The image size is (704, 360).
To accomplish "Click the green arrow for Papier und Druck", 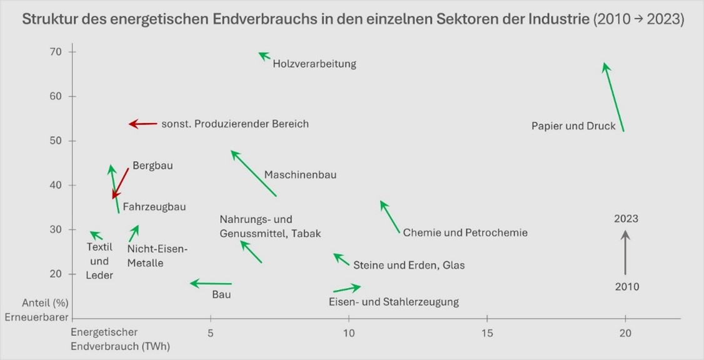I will click(613, 96).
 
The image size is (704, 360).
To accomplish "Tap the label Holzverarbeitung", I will click(314, 64).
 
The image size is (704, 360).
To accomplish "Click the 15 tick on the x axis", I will click(487, 332).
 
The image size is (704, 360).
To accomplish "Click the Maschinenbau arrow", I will click(253, 173).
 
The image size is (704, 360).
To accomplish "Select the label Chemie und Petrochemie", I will click(465, 232).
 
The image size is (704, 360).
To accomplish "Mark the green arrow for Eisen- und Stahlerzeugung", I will click(347, 288).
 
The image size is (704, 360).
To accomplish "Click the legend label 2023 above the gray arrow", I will click(626, 219).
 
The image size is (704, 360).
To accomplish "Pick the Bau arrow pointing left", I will click(211, 284).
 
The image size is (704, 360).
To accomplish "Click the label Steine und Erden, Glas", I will click(409, 265).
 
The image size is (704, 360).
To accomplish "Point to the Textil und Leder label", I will click(99, 261).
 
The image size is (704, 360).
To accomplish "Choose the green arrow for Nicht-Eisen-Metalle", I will click(134, 234).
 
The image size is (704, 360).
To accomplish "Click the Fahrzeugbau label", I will click(154, 206).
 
